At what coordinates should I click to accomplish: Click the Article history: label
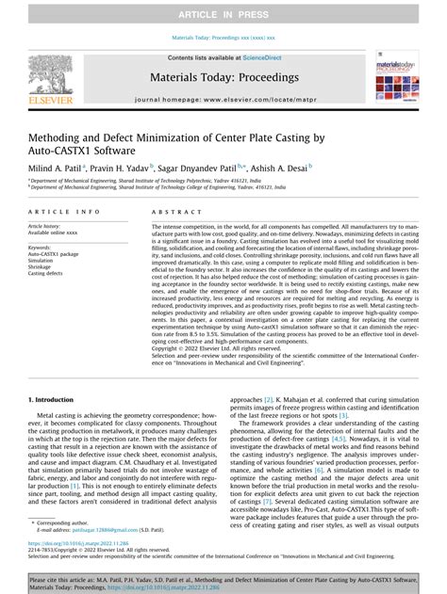(x=47, y=227)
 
